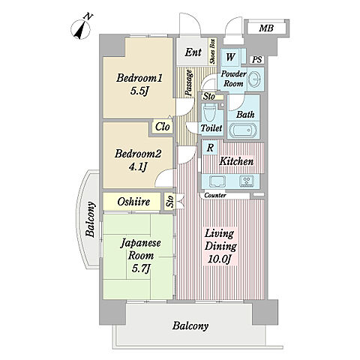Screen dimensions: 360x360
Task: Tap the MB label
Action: pyautogui.click(x=266, y=28)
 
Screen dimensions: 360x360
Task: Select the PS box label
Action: pyautogui.click(x=257, y=60)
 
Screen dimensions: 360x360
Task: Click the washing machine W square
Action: pyautogui.click(x=230, y=57)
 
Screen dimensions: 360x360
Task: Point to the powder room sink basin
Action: pyautogui.click(x=255, y=79)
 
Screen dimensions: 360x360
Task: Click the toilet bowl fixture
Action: pyautogui.click(x=209, y=112)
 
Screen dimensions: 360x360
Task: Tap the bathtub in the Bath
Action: pyautogui.click(x=244, y=130)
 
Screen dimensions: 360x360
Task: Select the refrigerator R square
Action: pyautogui.click(x=210, y=148)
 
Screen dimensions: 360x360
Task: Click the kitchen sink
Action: pyautogui.click(x=217, y=181)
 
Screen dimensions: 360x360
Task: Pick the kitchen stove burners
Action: pyautogui.click(x=247, y=181)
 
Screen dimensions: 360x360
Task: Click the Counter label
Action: pyautogui.click(x=215, y=195)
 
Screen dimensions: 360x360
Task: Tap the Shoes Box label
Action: pyautogui.click(x=213, y=52)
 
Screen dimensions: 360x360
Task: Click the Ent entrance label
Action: pyautogui.click(x=193, y=52)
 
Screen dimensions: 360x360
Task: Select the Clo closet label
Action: pyautogui.click(x=163, y=127)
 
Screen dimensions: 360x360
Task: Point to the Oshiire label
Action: pyautogui.click(x=133, y=202)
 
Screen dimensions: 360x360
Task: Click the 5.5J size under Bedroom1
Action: pyautogui.click(x=138, y=91)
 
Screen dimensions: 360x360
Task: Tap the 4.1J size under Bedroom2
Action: pyautogui.click(x=137, y=167)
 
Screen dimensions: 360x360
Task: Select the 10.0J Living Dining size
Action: pyautogui.click(x=219, y=259)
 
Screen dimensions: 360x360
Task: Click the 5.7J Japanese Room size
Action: pyautogui.click(x=141, y=268)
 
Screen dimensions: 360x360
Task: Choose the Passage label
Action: pyautogui.click(x=189, y=82)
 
